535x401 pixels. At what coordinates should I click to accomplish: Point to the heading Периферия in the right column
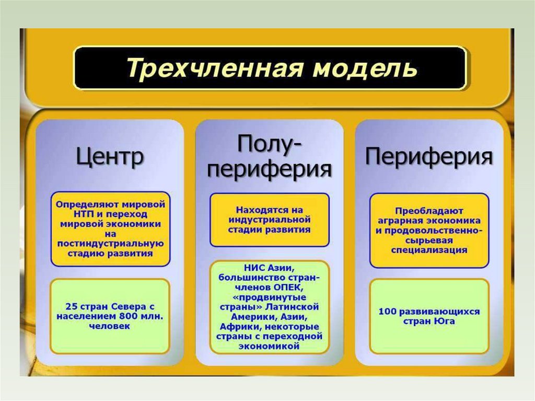coord(428,155)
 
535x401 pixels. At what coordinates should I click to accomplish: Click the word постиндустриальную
coord(110,244)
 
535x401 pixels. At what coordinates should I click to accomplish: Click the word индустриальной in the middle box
coord(269,220)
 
